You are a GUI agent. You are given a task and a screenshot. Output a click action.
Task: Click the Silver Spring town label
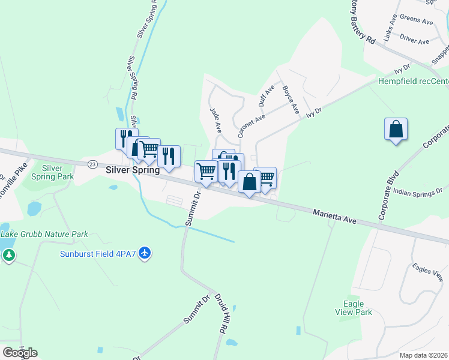[133, 170]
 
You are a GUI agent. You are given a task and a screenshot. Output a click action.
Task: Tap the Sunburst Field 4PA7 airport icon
[144, 254]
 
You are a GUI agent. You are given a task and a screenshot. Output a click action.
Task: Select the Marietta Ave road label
[334, 217]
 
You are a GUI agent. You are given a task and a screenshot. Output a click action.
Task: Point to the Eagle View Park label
[354, 308]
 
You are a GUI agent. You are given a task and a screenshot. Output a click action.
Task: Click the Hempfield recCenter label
[413, 81]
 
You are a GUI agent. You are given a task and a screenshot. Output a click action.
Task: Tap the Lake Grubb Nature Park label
[44, 234]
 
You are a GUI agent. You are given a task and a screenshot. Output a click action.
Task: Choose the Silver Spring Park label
[57, 173]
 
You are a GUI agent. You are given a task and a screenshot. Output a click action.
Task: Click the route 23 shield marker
[92, 164]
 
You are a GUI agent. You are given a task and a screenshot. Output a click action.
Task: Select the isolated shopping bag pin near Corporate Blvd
[396, 130]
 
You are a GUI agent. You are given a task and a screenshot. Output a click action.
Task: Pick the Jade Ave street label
[215, 120]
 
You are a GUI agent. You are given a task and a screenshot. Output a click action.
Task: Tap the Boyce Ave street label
[291, 99]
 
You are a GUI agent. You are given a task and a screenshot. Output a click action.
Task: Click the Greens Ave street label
[416, 21]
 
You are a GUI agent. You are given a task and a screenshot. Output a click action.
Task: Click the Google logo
[20, 353]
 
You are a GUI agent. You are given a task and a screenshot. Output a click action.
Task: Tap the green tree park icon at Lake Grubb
[8, 256]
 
